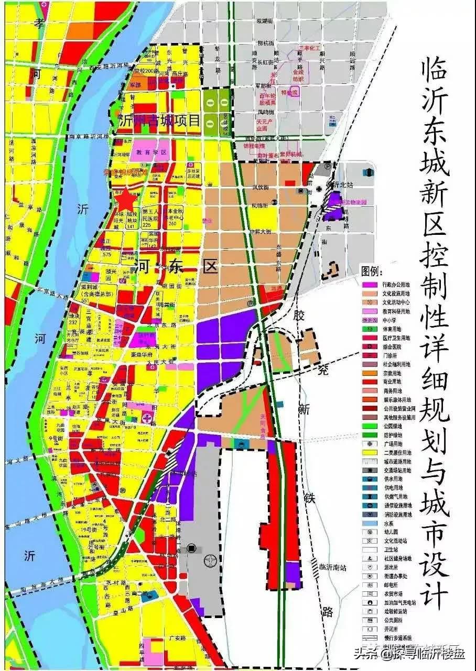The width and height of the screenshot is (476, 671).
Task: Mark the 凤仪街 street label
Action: tap(261, 187)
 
